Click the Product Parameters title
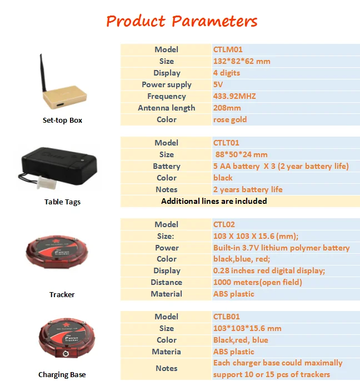(182, 22)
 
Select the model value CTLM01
(228, 49)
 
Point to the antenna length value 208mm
(227, 108)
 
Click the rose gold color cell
(230, 119)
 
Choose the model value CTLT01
(227, 143)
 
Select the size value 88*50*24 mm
(242, 154)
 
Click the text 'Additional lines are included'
(214, 201)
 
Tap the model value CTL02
(224, 224)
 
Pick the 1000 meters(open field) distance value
(258, 282)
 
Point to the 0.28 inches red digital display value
(269, 270)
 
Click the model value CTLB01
(227, 317)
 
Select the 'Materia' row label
(166, 352)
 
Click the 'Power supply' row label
(167, 84)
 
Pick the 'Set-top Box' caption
(62, 121)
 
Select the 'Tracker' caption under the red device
(62, 294)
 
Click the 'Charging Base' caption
(62, 375)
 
